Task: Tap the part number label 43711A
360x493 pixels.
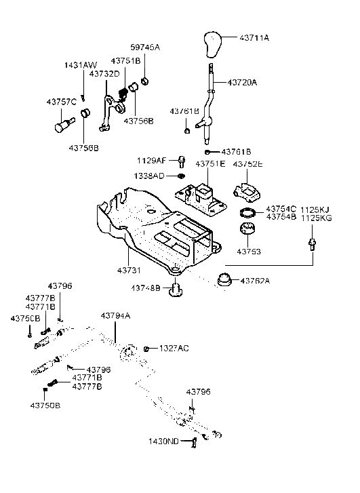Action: tap(253, 37)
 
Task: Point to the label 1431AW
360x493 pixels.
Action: tap(81, 65)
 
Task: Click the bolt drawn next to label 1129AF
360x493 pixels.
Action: tap(182, 161)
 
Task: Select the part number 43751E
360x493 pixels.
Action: tap(211, 164)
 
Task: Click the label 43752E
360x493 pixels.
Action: tap(248, 164)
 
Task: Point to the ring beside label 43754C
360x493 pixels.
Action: tap(249, 214)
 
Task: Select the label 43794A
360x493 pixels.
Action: tap(115, 316)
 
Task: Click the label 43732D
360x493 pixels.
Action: tap(105, 73)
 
